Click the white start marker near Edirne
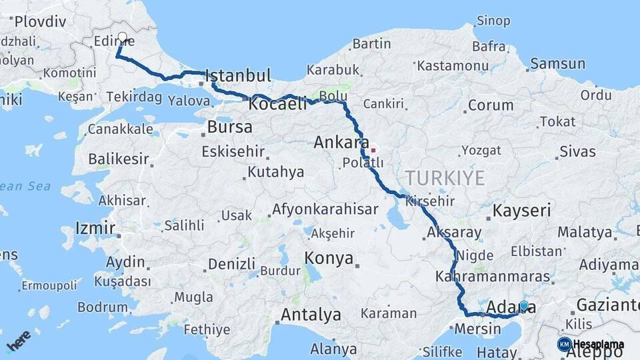(x=122, y=37)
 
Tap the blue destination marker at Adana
(x=523, y=306)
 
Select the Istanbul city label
(x=238, y=75)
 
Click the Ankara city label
(x=341, y=142)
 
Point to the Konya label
(x=329, y=258)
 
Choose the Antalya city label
(x=311, y=314)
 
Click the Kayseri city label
(x=522, y=211)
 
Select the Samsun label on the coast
(x=559, y=64)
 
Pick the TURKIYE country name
(x=445, y=177)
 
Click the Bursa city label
(x=230, y=127)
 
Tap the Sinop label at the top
(x=493, y=21)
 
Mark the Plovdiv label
(x=40, y=21)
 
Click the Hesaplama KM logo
(x=591, y=344)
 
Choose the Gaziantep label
(x=607, y=305)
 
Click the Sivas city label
(x=577, y=151)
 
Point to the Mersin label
(x=477, y=329)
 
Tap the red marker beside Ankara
(x=373, y=150)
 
